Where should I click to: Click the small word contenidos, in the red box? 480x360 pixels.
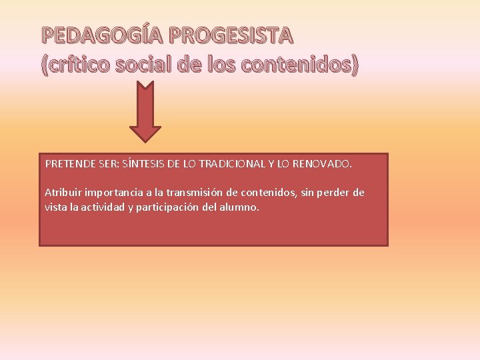coord(263,193)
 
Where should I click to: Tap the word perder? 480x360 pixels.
coord(331,193)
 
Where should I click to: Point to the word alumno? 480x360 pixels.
coord(243,207)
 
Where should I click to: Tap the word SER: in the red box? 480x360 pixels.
coord(108,163)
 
